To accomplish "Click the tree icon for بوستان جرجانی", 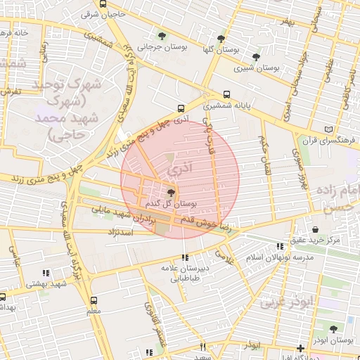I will pyautogui.click(x=163, y=36).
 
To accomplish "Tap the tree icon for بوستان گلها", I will pyautogui.click(x=221, y=39).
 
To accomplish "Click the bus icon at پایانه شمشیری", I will pyautogui.click(x=226, y=94).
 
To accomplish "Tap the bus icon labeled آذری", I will pyautogui.click(x=181, y=108).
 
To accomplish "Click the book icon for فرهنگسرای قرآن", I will pyautogui.click(x=330, y=129).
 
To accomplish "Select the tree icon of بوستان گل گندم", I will pyautogui.click(x=172, y=192).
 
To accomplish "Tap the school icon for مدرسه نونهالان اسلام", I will pyautogui.click(x=281, y=246).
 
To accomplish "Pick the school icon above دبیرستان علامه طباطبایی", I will pyautogui.click(x=185, y=257).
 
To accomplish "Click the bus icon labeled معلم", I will pyautogui.click(x=94, y=298).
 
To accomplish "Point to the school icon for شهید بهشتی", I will pyautogui.click(x=46, y=273).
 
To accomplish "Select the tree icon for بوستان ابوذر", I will pyautogui.click(x=333, y=328).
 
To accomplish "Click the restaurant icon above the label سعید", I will pyautogui.click(x=203, y=347).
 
